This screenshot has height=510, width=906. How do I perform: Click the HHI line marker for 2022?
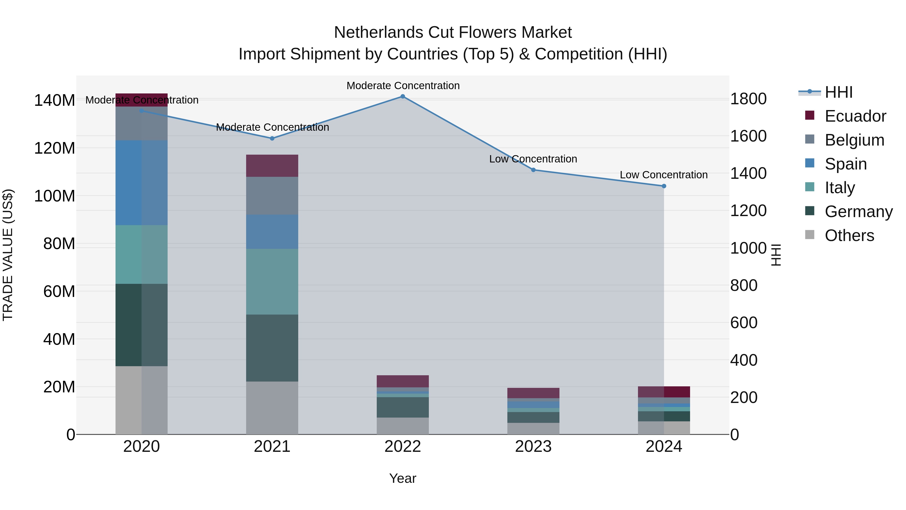(403, 96)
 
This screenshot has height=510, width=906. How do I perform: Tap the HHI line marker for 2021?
(272, 138)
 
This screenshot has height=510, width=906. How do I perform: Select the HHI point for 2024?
(664, 186)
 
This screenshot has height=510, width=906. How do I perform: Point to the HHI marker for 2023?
(533, 170)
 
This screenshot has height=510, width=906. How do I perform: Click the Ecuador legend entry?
(855, 116)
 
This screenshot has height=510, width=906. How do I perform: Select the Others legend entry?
(849, 235)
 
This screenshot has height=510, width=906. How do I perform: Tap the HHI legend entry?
(839, 92)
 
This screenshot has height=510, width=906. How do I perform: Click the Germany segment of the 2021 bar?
(272, 348)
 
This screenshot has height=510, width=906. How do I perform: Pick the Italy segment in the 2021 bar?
(272, 282)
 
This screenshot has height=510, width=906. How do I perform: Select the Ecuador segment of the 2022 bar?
(403, 381)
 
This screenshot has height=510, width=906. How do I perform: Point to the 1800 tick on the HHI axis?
(748, 99)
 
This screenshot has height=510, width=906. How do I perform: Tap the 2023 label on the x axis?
(533, 447)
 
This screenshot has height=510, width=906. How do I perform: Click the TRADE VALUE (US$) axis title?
(8, 255)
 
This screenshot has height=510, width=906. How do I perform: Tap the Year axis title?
(403, 478)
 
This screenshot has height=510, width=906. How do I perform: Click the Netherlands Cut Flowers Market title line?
(453, 32)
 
